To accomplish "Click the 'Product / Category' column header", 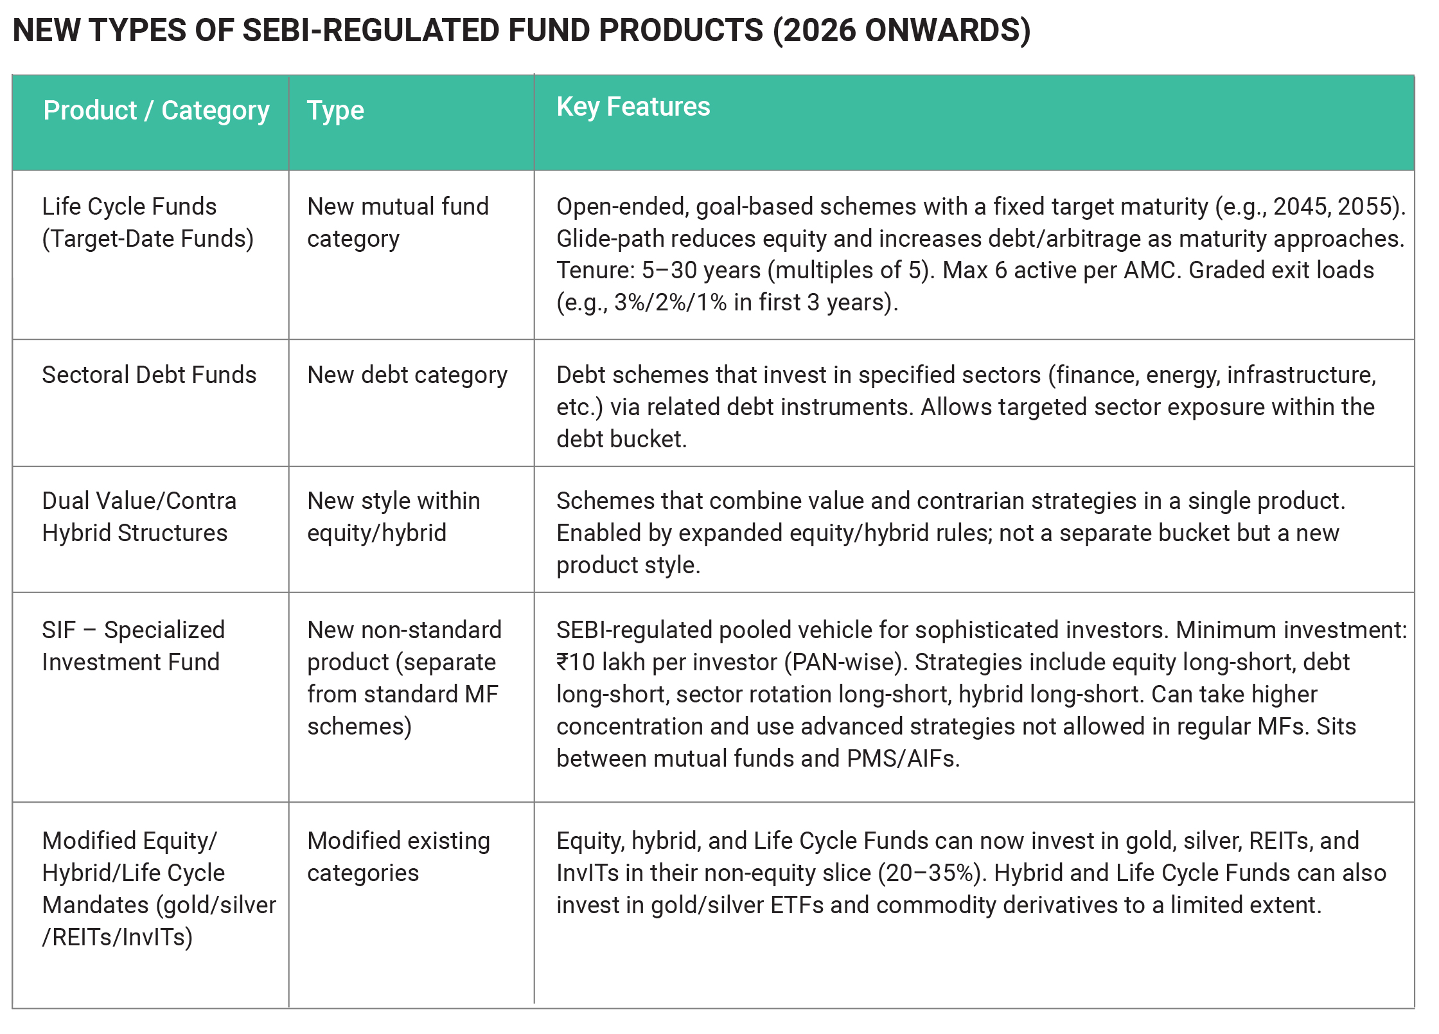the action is pyautogui.click(x=156, y=111).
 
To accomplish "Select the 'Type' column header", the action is pyautogui.click(x=335, y=111).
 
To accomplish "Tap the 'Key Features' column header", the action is pyautogui.click(x=633, y=107).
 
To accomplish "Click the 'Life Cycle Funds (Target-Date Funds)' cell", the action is pyautogui.click(x=148, y=222).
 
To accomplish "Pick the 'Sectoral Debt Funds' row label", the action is pyautogui.click(x=149, y=375).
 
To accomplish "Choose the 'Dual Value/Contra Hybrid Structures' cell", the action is pyautogui.click(x=139, y=517).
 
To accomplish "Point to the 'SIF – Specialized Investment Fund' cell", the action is pyautogui.click(x=134, y=646).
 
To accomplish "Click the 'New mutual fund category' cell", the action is pyautogui.click(x=398, y=222).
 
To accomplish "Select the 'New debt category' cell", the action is pyautogui.click(x=407, y=375).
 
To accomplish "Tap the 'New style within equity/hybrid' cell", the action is pyautogui.click(x=394, y=517).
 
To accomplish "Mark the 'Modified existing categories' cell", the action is pyautogui.click(x=399, y=857).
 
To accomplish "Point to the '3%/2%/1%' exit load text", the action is pyautogui.click(x=670, y=302).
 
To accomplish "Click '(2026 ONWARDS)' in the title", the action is pyautogui.click(x=902, y=31).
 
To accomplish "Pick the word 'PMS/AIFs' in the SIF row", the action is pyautogui.click(x=903, y=759).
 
